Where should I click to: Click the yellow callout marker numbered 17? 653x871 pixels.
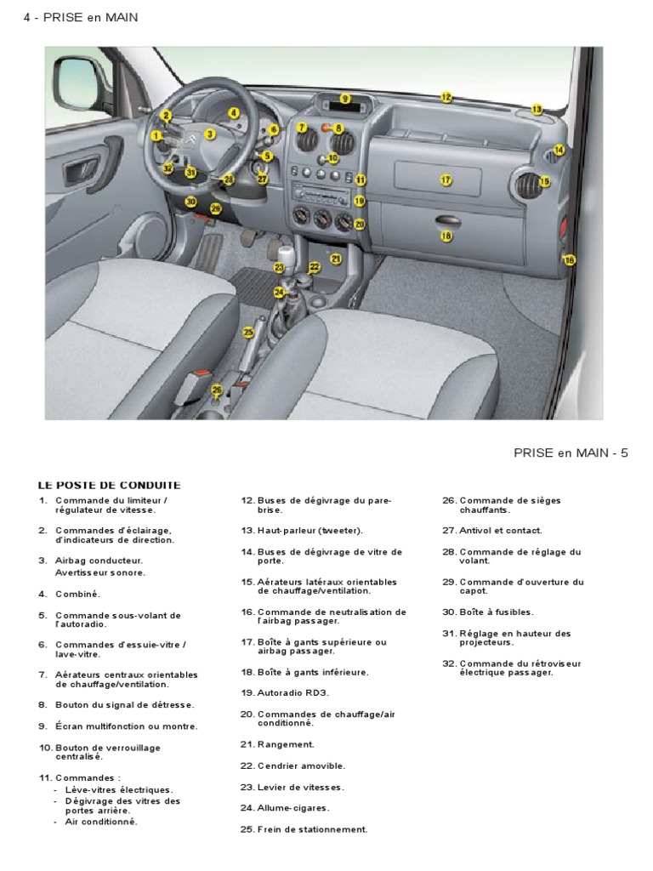pos(445,179)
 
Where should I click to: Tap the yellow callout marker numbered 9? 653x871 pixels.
pos(345,100)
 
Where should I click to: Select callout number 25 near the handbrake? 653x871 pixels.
pos(248,333)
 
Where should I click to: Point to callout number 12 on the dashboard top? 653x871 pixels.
pos(446,98)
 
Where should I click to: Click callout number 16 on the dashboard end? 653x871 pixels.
pos(570,259)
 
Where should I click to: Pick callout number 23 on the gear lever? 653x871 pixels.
pos(279,267)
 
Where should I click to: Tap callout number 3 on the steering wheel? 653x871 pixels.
pos(210,134)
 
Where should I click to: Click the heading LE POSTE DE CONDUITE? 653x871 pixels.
pos(108,486)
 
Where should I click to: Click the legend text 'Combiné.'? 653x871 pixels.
pos(77,594)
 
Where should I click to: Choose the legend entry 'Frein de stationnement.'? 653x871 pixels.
pos(312,829)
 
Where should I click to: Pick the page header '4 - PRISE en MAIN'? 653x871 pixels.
pos(81,17)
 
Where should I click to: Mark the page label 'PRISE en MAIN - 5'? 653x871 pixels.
pos(571,453)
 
